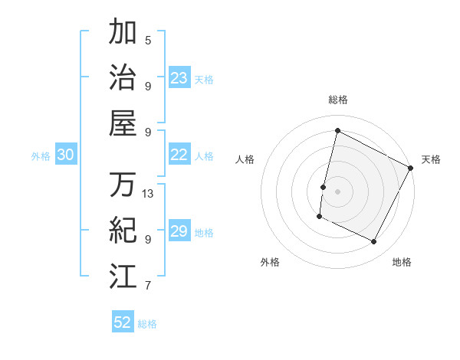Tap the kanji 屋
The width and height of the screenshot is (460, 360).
(x=123, y=123)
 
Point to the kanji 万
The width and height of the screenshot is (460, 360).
(x=123, y=185)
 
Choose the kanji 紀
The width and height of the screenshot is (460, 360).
(x=123, y=230)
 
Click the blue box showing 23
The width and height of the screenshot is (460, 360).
(x=179, y=77)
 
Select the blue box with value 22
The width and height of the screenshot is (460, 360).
(x=179, y=155)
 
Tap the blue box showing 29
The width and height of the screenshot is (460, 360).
(x=179, y=231)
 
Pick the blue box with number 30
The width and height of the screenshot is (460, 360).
(x=65, y=155)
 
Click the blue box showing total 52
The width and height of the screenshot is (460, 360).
(x=122, y=322)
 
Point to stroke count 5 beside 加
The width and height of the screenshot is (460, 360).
(x=148, y=40)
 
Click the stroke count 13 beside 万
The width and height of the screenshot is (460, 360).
(x=148, y=193)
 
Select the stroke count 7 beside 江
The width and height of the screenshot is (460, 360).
(x=148, y=286)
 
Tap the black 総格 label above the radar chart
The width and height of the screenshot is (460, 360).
(x=337, y=100)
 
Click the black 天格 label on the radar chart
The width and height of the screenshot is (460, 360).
(x=431, y=159)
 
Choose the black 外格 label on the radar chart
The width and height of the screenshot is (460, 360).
(x=270, y=262)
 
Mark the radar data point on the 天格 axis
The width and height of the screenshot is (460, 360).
(x=411, y=168)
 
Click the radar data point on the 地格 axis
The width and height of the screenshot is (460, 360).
(x=374, y=242)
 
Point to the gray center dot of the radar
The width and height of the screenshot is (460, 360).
(x=337, y=191)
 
